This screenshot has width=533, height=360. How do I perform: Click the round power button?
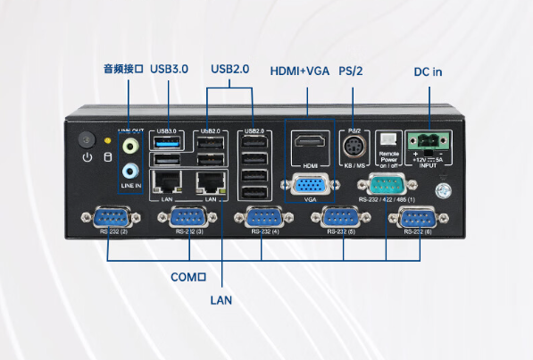[87, 140]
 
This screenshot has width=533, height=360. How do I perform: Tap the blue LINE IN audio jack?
[130, 170]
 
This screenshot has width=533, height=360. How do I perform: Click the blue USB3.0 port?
[166, 142]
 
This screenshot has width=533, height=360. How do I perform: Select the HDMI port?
[310, 144]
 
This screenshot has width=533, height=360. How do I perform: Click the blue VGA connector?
[310, 185]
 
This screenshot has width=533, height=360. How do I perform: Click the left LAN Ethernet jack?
[166, 184]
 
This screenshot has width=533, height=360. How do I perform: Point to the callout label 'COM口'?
[188, 277]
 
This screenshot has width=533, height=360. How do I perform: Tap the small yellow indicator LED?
[108, 140]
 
